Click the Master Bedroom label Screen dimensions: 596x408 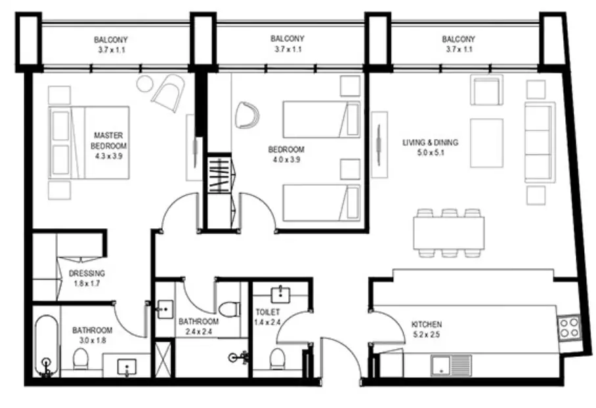pos(109,140)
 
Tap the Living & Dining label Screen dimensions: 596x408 pos(431,142)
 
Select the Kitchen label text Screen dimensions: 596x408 pos(427,325)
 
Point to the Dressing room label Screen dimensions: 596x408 pos(87,273)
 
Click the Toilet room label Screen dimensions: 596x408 pos(268,312)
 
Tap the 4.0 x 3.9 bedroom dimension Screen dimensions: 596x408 pos(286,159)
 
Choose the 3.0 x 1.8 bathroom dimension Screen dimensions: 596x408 pos(93,340)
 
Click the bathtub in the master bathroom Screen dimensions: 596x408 pos(47,346)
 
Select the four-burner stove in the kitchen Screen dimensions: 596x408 pos(569,328)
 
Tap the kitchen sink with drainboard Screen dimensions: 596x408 pos(451,365)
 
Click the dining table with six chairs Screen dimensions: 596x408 pos(449,233)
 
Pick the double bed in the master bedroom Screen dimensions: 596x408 pos(89,142)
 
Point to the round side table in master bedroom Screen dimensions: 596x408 pos(145,83)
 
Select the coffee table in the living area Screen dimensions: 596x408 pos(486,143)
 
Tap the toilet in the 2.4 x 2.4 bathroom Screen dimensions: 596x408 pos(230,309)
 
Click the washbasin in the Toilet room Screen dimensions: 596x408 pos(280,295)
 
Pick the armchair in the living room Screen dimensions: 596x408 pos(486,90)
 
